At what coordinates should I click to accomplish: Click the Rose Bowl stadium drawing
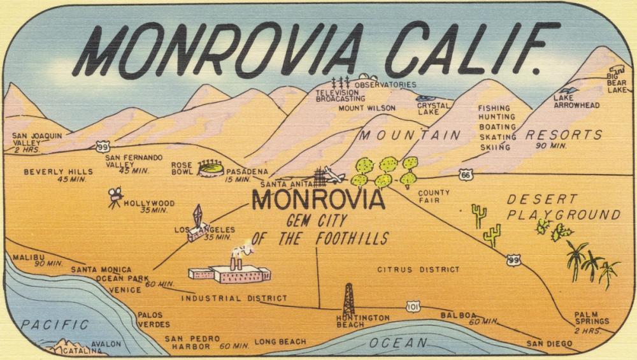[211, 169]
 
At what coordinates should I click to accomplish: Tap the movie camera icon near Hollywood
[115, 198]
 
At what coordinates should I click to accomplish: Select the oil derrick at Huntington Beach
[348, 298]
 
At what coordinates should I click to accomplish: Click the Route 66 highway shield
[467, 174]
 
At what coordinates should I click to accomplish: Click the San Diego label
[549, 344]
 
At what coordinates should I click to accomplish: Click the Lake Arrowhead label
[576, 101]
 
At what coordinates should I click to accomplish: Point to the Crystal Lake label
[433, 108]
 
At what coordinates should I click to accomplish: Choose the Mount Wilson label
[366, 108]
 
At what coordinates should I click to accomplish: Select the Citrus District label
[418, 270]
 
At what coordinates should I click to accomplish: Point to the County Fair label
[433, 196]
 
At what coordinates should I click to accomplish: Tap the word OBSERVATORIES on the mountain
[385, 85]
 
